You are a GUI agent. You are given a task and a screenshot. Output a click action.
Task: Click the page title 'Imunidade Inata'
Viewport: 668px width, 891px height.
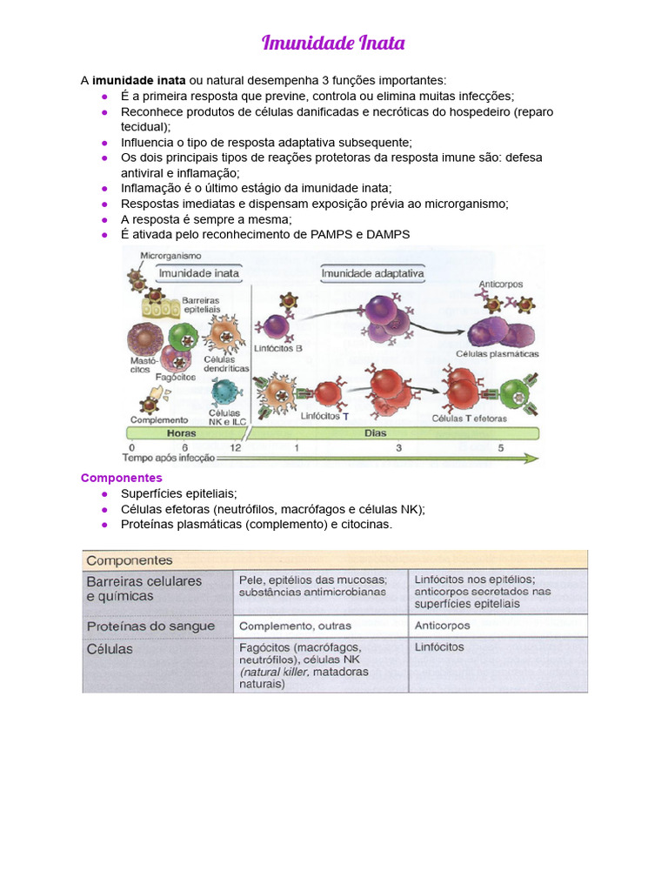[333, 43]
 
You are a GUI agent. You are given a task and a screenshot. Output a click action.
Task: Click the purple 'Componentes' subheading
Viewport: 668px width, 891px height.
[121, 478]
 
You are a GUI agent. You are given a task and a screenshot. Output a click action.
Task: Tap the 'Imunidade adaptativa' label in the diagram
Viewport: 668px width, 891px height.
[373, 272]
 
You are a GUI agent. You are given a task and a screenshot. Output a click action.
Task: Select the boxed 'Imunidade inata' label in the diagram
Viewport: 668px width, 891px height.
[198, 272]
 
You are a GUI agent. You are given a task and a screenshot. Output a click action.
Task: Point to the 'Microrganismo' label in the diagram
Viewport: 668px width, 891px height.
[170, 256]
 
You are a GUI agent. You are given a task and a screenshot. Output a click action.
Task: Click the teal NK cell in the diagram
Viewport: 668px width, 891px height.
[225, 392]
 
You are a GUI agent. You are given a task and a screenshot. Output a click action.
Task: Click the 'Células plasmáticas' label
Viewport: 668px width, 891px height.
[497, 354]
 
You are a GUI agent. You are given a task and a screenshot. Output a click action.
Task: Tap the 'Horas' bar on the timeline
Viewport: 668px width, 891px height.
[182, 432]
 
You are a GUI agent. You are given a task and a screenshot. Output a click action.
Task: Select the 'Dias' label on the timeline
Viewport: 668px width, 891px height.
[376, 432]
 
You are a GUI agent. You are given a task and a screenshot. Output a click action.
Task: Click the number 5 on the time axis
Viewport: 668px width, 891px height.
[500, 447]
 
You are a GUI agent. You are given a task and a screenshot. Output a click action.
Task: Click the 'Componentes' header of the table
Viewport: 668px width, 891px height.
[130, 560]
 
